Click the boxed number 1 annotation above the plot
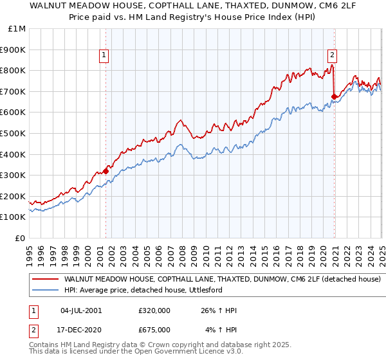pos(104,56)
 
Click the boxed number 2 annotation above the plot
pos(333,56)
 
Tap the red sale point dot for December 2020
pos(334,96)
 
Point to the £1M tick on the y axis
pos(17,28)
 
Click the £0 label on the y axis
pos(21,238)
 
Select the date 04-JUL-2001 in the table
pos(81,310)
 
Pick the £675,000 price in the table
pos(154,329)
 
